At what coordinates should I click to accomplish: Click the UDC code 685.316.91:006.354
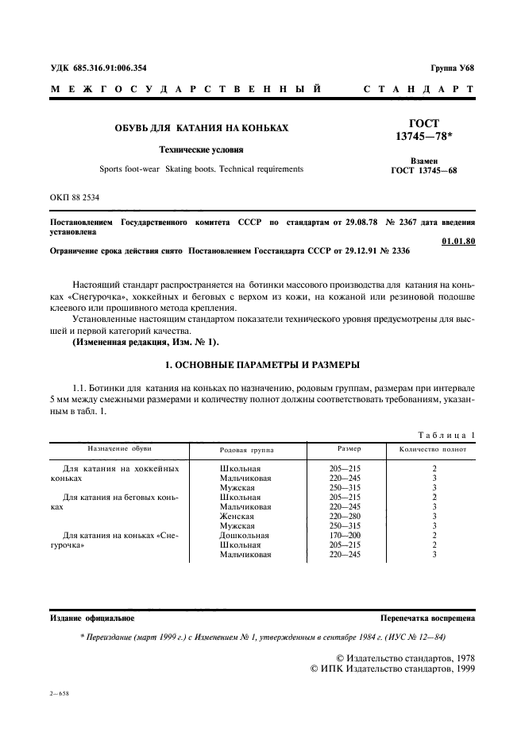pyautogui.click(x=111, y=68)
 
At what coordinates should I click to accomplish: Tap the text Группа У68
pyautogui.click(x=453, y=68)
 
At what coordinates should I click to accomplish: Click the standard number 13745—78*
pyautogui.click(x=429, y=138)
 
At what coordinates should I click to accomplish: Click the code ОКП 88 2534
pyautogui.click(x=75, y=196)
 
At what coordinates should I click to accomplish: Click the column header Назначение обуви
pyautogui.click(x=120, y=449)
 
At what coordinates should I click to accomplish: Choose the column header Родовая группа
pyautogui.click(x=246, y=449)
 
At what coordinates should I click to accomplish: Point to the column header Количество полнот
pyautogui.click(x=434, y=449)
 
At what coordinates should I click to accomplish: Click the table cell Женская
pyautogui.click(x=237, y=516)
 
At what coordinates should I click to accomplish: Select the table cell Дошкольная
pyautogui.click(x=245, y=535)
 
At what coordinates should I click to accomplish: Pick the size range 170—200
pyautogui.click(x=345, y=535)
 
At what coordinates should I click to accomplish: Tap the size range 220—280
pyautogui.click(x=345, y=516)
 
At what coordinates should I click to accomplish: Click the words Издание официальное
pyautogui.click(x=92, y=616)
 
